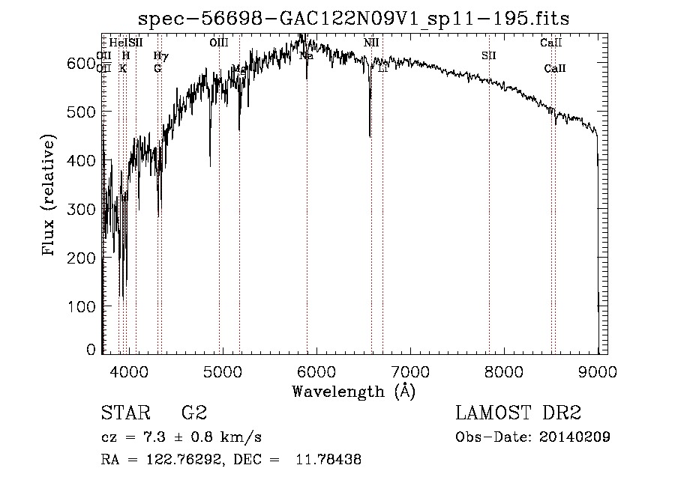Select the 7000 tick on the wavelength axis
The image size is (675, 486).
tap(410, 370)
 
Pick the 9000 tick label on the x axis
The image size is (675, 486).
tap(598, 370)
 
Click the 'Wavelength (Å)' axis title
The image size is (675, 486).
tap(353, 391)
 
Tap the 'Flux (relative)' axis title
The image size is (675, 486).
tap(50, 196)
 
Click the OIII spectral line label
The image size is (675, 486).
tap(218, 43)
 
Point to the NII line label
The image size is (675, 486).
tap(371, 43)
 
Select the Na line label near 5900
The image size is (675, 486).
tap(306, 56)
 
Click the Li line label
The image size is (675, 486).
tap(382, 69)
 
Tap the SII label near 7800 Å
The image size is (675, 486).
tap(488, 56)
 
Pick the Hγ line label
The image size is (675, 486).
tap(160, 56)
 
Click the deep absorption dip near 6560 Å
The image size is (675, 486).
tap(370, 136)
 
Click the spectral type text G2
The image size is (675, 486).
tap(193, 413)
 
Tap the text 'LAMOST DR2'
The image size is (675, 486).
tap(518, 413)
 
